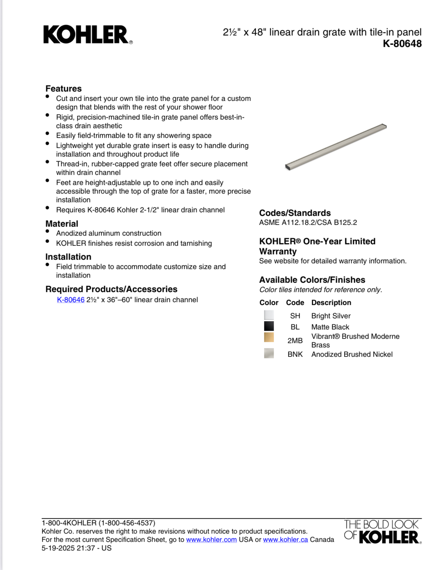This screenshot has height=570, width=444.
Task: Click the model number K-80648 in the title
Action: pos(402,44)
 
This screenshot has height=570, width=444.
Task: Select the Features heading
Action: pos(64,88)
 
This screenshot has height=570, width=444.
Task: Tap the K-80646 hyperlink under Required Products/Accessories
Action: pos(71,300)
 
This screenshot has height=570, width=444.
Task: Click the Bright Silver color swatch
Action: pos(269,315)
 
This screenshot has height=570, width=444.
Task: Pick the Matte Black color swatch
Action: pos(269,326)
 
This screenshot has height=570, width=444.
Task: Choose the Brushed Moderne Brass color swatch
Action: pos(269,337)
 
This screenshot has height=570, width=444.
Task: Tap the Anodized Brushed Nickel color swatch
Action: pos(269,353)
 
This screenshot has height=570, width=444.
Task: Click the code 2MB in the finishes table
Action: pos(295,341)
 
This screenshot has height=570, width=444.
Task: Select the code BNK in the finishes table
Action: pos(295,354)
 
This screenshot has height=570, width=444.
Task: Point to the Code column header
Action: pos(295,303)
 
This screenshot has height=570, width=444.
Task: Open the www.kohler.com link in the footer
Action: pos(211,539)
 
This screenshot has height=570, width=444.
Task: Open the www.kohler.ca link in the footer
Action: pos(285,539)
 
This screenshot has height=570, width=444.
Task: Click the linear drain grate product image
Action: pos(336,147)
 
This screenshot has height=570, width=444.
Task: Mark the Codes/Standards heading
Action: pos(295,213)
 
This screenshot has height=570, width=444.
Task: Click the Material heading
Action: pos(62,224)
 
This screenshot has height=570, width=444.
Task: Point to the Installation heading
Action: pos(68,257)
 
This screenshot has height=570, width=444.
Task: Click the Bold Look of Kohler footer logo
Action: pos(382,531)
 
